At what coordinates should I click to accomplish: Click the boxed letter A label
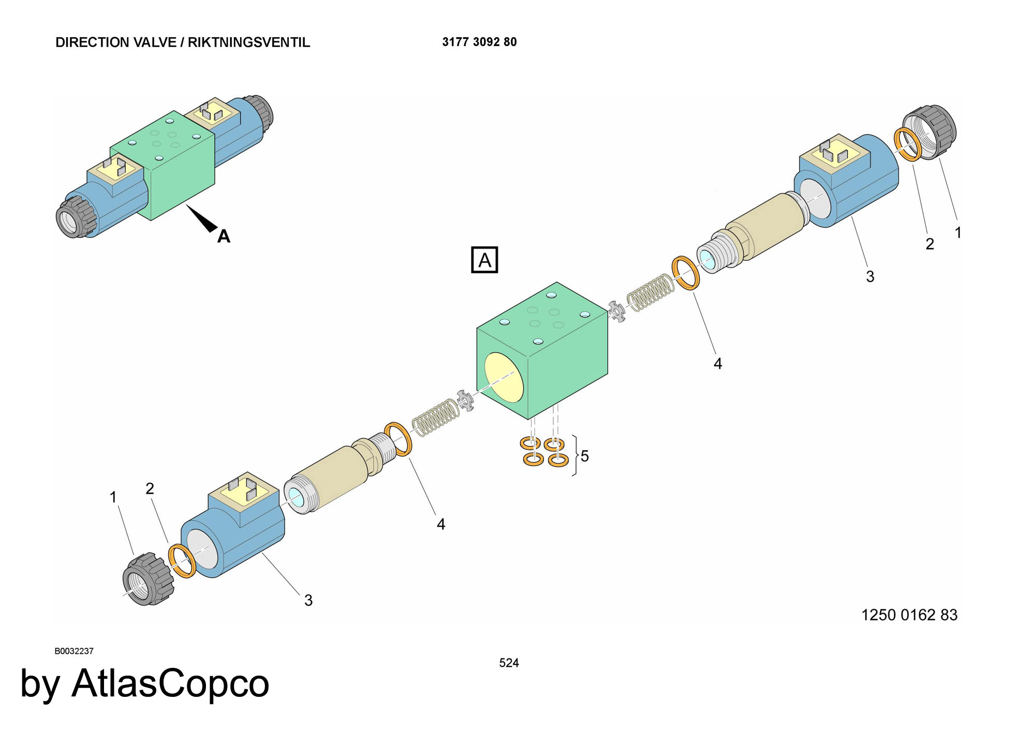tap(484, 260)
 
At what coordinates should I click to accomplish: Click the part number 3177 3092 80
tap(479, 42)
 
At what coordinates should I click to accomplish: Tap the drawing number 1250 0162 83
tap(909, 615)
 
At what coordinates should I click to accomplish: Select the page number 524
tap(509, 663)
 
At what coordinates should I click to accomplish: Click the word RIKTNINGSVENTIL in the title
tap(249, 42)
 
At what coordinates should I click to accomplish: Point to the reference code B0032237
tap(74, 651)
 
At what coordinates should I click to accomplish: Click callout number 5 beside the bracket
tap(585, 456)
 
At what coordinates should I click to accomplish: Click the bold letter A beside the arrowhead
tap(224, 236)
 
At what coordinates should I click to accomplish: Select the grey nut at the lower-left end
tap(148, 579)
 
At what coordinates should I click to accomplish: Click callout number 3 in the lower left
tap(308, 600)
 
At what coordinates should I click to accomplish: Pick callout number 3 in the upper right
tap(870, 276)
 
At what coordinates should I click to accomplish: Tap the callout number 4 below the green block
tap(441, 524)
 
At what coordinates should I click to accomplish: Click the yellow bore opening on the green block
tap(504, 378)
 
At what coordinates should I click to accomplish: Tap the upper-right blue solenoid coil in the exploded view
tap(847, 181)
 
